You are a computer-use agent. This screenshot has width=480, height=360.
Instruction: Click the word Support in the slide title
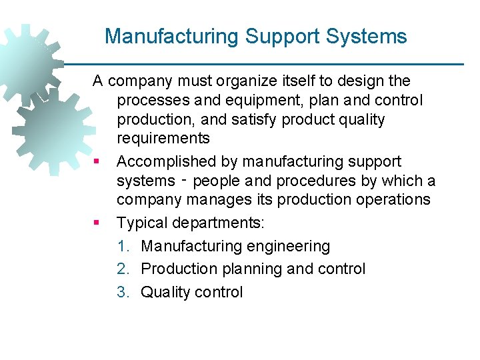(x=275, y=36)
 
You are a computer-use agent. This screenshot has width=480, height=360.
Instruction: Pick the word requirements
(x=163, y=139)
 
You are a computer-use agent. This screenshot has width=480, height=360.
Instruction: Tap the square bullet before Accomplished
(x=97, y=162)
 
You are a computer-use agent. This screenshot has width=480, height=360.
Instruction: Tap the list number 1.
(x=123, y=246)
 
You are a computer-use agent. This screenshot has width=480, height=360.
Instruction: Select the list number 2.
(x=123, y=269)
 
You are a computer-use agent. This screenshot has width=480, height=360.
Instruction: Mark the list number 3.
(x=123, y=292)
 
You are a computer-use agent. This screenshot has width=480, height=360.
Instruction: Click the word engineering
(x=288, y=246)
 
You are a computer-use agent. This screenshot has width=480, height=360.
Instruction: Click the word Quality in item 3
(x=165, y=292)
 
